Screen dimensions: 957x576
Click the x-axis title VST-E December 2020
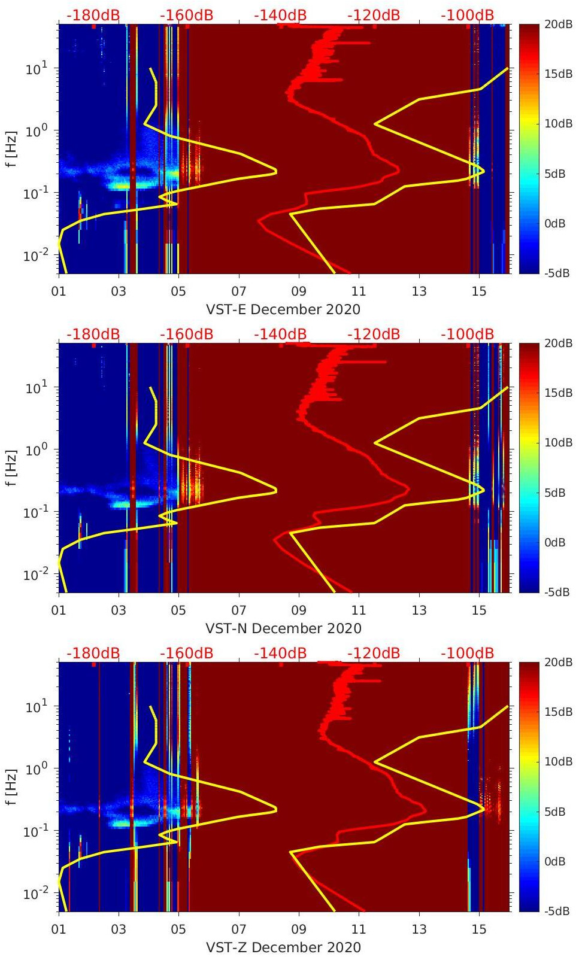(283, 309)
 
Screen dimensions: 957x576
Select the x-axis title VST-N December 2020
(283, 628)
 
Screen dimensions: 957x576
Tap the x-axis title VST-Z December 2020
(283, 947)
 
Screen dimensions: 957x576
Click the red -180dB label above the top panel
(93, 15)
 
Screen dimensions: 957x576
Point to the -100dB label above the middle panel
(467, 334)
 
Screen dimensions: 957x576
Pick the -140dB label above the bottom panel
(280, 653)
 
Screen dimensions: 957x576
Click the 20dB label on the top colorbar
(558, 24)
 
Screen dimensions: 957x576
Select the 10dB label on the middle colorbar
(558, 442)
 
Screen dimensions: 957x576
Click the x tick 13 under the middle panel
(419, 610)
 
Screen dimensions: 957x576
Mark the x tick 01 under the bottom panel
(59, 929)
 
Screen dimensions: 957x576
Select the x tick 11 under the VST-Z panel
(359, 929)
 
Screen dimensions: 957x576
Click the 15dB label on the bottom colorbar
(558, 712)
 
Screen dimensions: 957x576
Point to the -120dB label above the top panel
(374, 15)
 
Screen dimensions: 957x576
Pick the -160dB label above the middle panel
(186, 334)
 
